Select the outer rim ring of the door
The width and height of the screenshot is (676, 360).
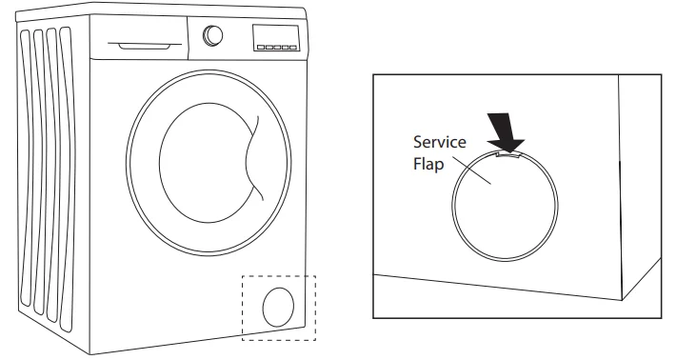click(134, 152)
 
